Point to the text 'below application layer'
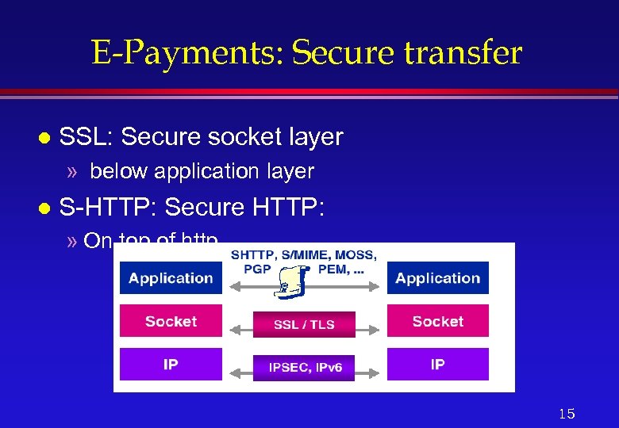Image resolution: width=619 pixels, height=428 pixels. pyautogui.click(x=202, y=171)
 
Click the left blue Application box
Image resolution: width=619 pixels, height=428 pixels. pyautogui.click(x=171, y=278)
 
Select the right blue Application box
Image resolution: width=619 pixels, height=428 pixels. pyautogui.click(x=438, y=278)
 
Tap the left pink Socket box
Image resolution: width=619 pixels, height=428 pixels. pyautogui.click(x=171, y=322)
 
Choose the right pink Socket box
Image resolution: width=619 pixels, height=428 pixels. pyautogui.click(x=438, y=322)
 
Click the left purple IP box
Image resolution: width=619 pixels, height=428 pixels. pyautogui.click(x=171, y=365)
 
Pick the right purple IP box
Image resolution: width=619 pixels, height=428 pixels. pyautogui.click(x=438, y=365)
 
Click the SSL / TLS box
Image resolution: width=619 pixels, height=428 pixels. pyautogui.click(x=304, y=324)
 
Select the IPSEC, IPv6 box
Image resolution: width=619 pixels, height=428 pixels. pyautogui.click(x=304, y=368)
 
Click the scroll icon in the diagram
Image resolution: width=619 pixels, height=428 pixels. pyautogui.click(x=292, y=281)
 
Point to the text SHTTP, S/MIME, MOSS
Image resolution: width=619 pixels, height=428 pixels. pyautogui.click(x=304, y=255)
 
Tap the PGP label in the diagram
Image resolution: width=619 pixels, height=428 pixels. pyautogui.click(x=258, y=269)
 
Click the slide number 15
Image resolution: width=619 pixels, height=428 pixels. pyautogui.click(x=567, y=414)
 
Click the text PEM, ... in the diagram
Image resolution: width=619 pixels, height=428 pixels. pyautogui.click(x=341, y=269)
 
